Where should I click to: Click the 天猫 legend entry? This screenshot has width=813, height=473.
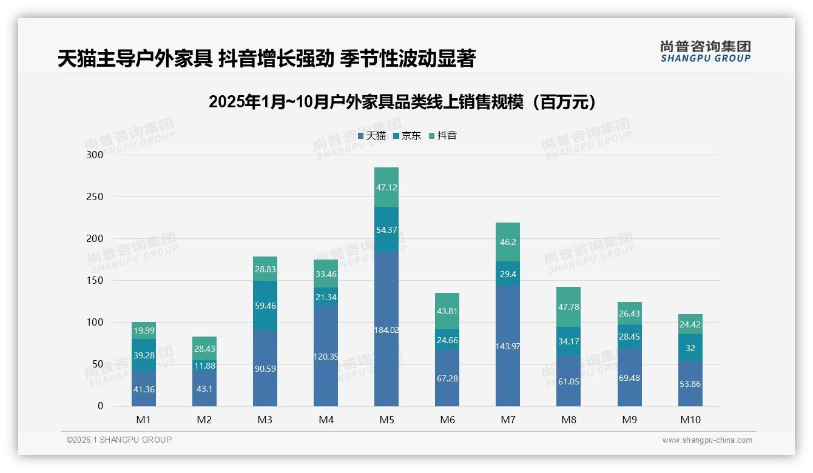pos(371,136)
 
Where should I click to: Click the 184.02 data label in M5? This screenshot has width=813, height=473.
pos(386,330)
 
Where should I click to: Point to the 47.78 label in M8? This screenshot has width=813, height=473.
pos(568,307)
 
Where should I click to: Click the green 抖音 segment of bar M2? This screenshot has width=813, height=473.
pos(204,348)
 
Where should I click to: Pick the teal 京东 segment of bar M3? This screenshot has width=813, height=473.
pos(265,306)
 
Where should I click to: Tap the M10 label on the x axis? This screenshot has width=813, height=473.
pos(690,420)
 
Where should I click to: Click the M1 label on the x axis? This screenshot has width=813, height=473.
pos(144,420)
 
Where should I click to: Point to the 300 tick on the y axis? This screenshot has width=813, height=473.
pos(95,155)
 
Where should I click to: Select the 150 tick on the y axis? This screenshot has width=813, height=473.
pos(95,281)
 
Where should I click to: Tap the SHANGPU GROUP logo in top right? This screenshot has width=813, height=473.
pos(705,52)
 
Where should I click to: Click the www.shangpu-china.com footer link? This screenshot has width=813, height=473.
pos(707,440)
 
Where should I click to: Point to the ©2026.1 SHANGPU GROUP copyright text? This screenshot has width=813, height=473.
pos(119,440)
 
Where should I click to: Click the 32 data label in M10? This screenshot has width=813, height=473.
pos(690,349)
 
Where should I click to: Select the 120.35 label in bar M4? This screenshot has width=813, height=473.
pos(326,357)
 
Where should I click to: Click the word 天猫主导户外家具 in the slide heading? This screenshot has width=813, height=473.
pos(134,59)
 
